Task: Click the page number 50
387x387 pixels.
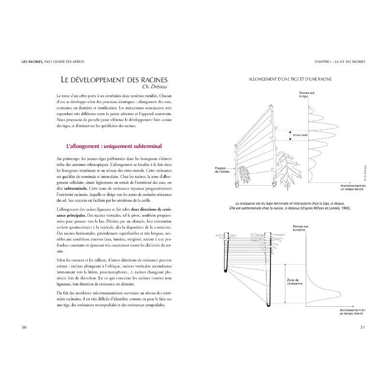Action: tap(24, 327)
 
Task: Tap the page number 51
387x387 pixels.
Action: tap(362, 327)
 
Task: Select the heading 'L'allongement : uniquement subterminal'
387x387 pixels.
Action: tap(113, 146)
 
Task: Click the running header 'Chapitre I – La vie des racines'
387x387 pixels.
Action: tap(339, 62)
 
